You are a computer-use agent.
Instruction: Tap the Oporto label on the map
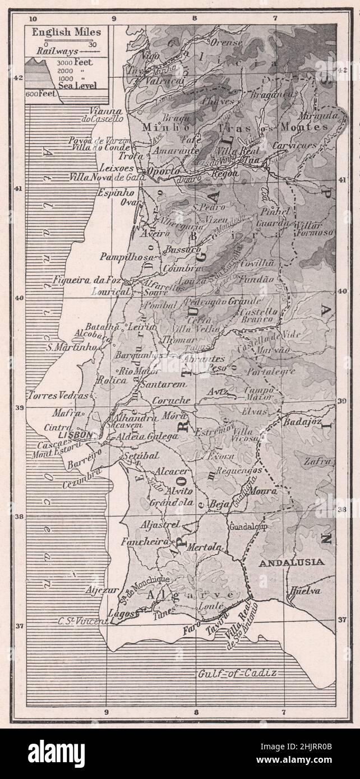pos(163,171)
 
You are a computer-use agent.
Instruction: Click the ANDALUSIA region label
pos(291,562)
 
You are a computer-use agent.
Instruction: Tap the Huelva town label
pos(305,591)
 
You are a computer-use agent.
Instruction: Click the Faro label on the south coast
pos(191,629)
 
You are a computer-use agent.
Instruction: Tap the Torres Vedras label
pos(52,395)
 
